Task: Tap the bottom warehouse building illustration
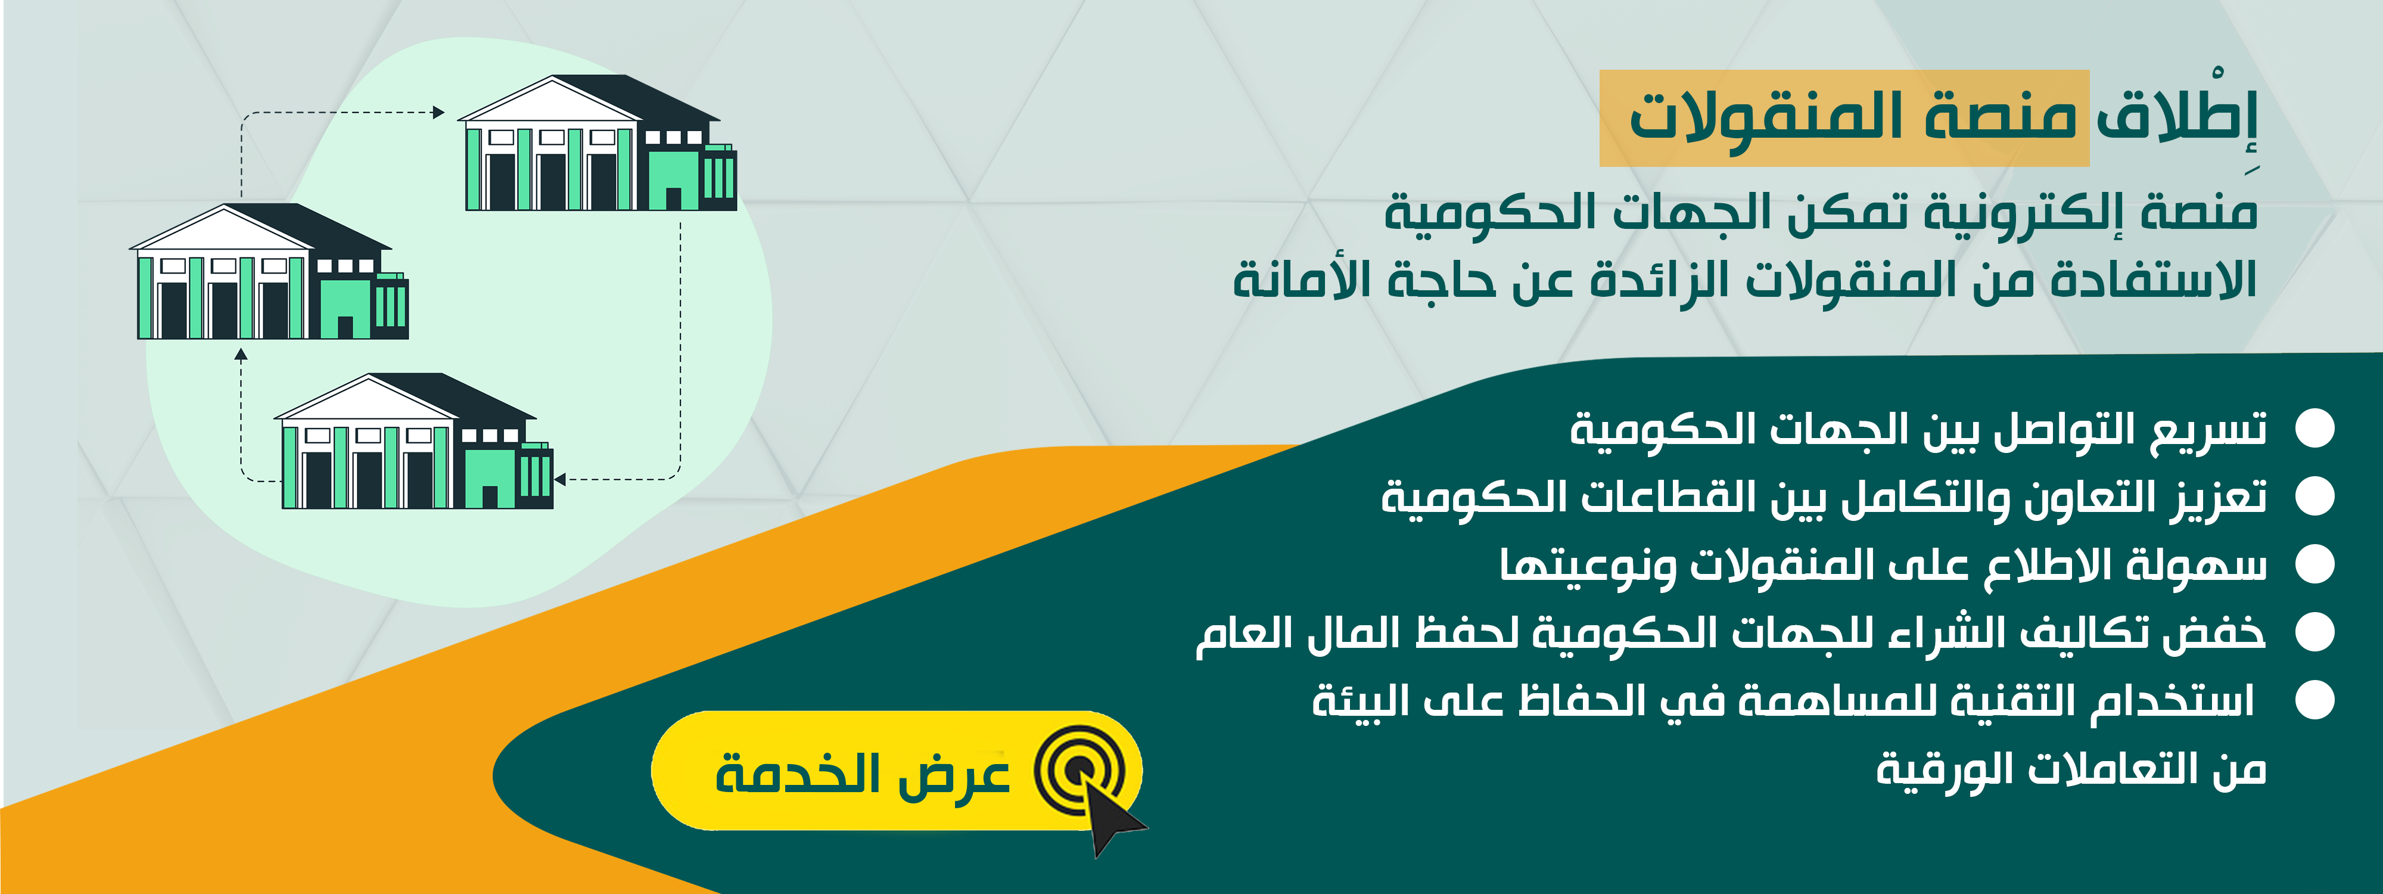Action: tap(413, 442)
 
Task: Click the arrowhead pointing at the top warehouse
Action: tap(438, 113)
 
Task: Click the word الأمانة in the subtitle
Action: tap(1302, 278)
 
